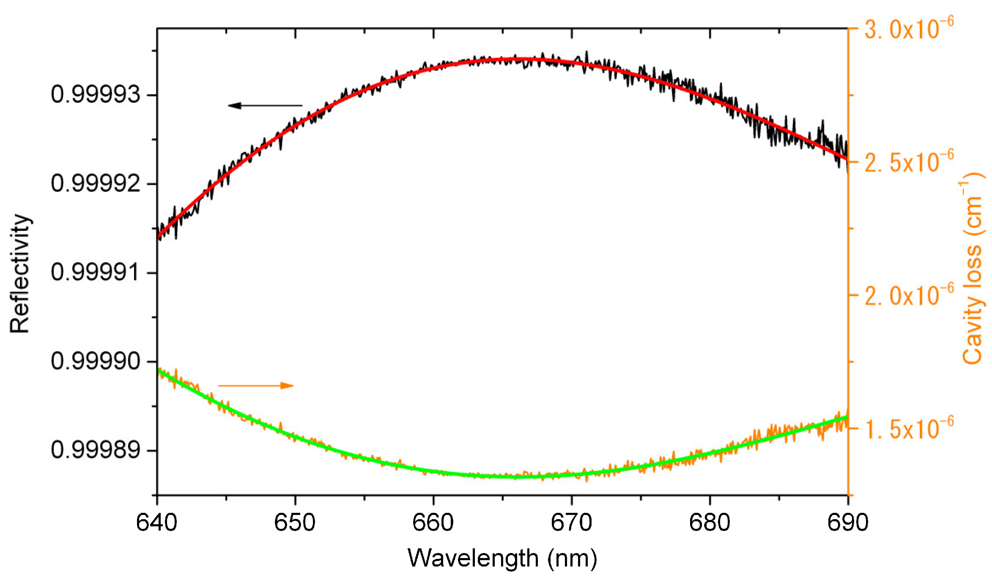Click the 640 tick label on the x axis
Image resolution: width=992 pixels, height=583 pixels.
tap(156, 523)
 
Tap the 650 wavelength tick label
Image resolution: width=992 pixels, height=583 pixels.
tap(295, 523)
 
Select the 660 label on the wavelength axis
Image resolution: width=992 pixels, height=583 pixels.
tap(433, 523)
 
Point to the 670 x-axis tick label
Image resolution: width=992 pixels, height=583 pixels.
tap(571, 523)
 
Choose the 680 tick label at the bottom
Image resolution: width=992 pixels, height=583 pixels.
tap(710, 523)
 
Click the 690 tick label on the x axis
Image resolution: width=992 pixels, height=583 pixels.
tap(847, 523)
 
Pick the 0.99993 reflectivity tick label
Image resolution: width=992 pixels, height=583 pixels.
tap(96, 94)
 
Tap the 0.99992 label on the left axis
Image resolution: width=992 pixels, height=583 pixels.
tap(96, 183)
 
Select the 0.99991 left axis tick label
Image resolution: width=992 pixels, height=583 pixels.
tap(96, 272)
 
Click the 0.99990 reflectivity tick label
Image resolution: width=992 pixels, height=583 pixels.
tap(96, 361)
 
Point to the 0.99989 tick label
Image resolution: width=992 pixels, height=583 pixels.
tap(96, 450)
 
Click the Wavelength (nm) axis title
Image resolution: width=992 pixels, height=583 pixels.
tap(502, 558)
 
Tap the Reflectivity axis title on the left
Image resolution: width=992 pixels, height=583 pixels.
tap(20, 274)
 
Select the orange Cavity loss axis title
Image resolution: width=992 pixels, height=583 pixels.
tap(973, 268)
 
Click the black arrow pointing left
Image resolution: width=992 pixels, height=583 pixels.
tap(265, 105)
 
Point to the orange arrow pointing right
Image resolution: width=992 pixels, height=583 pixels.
tap(256, 385)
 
